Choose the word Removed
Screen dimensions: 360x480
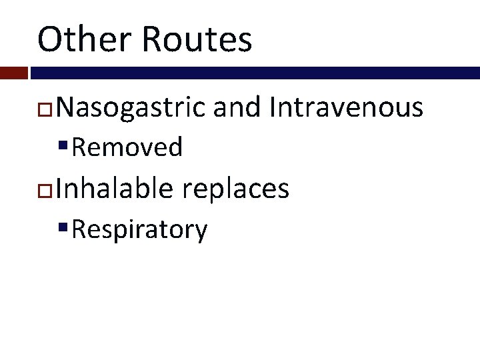tap(127, 147)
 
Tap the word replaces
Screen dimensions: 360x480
tap(235, 190)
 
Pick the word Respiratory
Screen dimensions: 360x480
tap(139, 230)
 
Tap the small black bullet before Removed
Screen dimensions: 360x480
tap(63, 146)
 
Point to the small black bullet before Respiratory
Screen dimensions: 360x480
tap(63, 227)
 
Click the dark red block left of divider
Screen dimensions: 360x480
tap(13, 73)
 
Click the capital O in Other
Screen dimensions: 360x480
tap(49, 39)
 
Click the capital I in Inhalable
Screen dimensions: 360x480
tap(60, 189)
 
